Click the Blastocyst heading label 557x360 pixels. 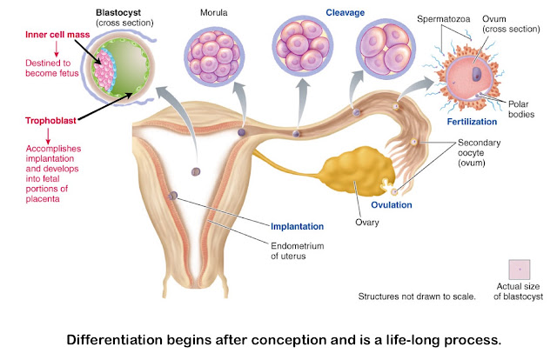coord(118,12)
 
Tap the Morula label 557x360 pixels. coord(213,13)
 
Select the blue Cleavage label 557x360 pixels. coord(346,13)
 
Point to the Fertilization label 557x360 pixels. coord(472,122)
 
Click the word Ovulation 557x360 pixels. coord(392,205)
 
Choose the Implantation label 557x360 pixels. coord(297,226)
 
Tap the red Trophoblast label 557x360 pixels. coord(50,121)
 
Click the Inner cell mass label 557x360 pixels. coord(57,35)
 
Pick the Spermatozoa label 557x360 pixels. coord(443,19)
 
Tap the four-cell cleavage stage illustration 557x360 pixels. coord(386,49)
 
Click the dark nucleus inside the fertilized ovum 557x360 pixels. coord(476,74)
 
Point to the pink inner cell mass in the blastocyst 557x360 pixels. coord(104,70)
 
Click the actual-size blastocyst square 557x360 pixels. coord(520,270)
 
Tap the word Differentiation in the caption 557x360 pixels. coord(114,340)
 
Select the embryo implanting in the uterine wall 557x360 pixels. coord(172,196)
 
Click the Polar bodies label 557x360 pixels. coord(521,109)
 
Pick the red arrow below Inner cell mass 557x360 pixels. coord(56,49)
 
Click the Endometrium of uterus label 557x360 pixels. coord(298,251)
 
